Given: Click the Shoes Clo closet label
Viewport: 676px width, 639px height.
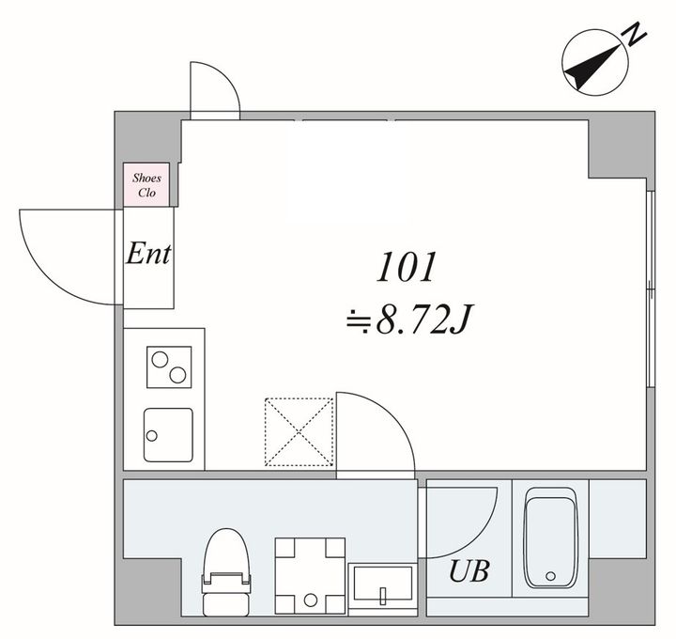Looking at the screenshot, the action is tap(146, 185).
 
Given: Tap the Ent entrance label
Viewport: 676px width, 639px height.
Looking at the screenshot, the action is tap(148, 254).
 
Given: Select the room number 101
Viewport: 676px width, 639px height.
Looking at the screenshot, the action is tap(406, 267).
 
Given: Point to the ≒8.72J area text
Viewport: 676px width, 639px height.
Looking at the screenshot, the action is tap(410, 319).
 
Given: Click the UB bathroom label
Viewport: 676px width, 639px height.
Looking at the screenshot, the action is tap(469, 570).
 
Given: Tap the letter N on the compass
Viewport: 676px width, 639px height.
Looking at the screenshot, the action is tap(634, 35).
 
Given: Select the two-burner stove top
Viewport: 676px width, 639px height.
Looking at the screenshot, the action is tap(169, 366).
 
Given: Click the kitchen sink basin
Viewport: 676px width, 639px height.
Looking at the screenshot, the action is tap(168, 435).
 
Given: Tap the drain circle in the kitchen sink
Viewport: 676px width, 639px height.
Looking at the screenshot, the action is tap(152, 436).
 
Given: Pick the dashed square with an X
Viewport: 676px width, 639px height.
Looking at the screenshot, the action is tap(299, 432).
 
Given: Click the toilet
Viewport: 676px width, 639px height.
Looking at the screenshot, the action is tap(226, 572).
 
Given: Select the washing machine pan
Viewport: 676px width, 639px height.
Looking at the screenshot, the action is tap(310, 576).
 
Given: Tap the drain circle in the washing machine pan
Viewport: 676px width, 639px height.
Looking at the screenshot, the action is tap(311, 600).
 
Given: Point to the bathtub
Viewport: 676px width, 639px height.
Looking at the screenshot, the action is tap(550, 538).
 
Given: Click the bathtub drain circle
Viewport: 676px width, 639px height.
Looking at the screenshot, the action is tap(550, 576).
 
